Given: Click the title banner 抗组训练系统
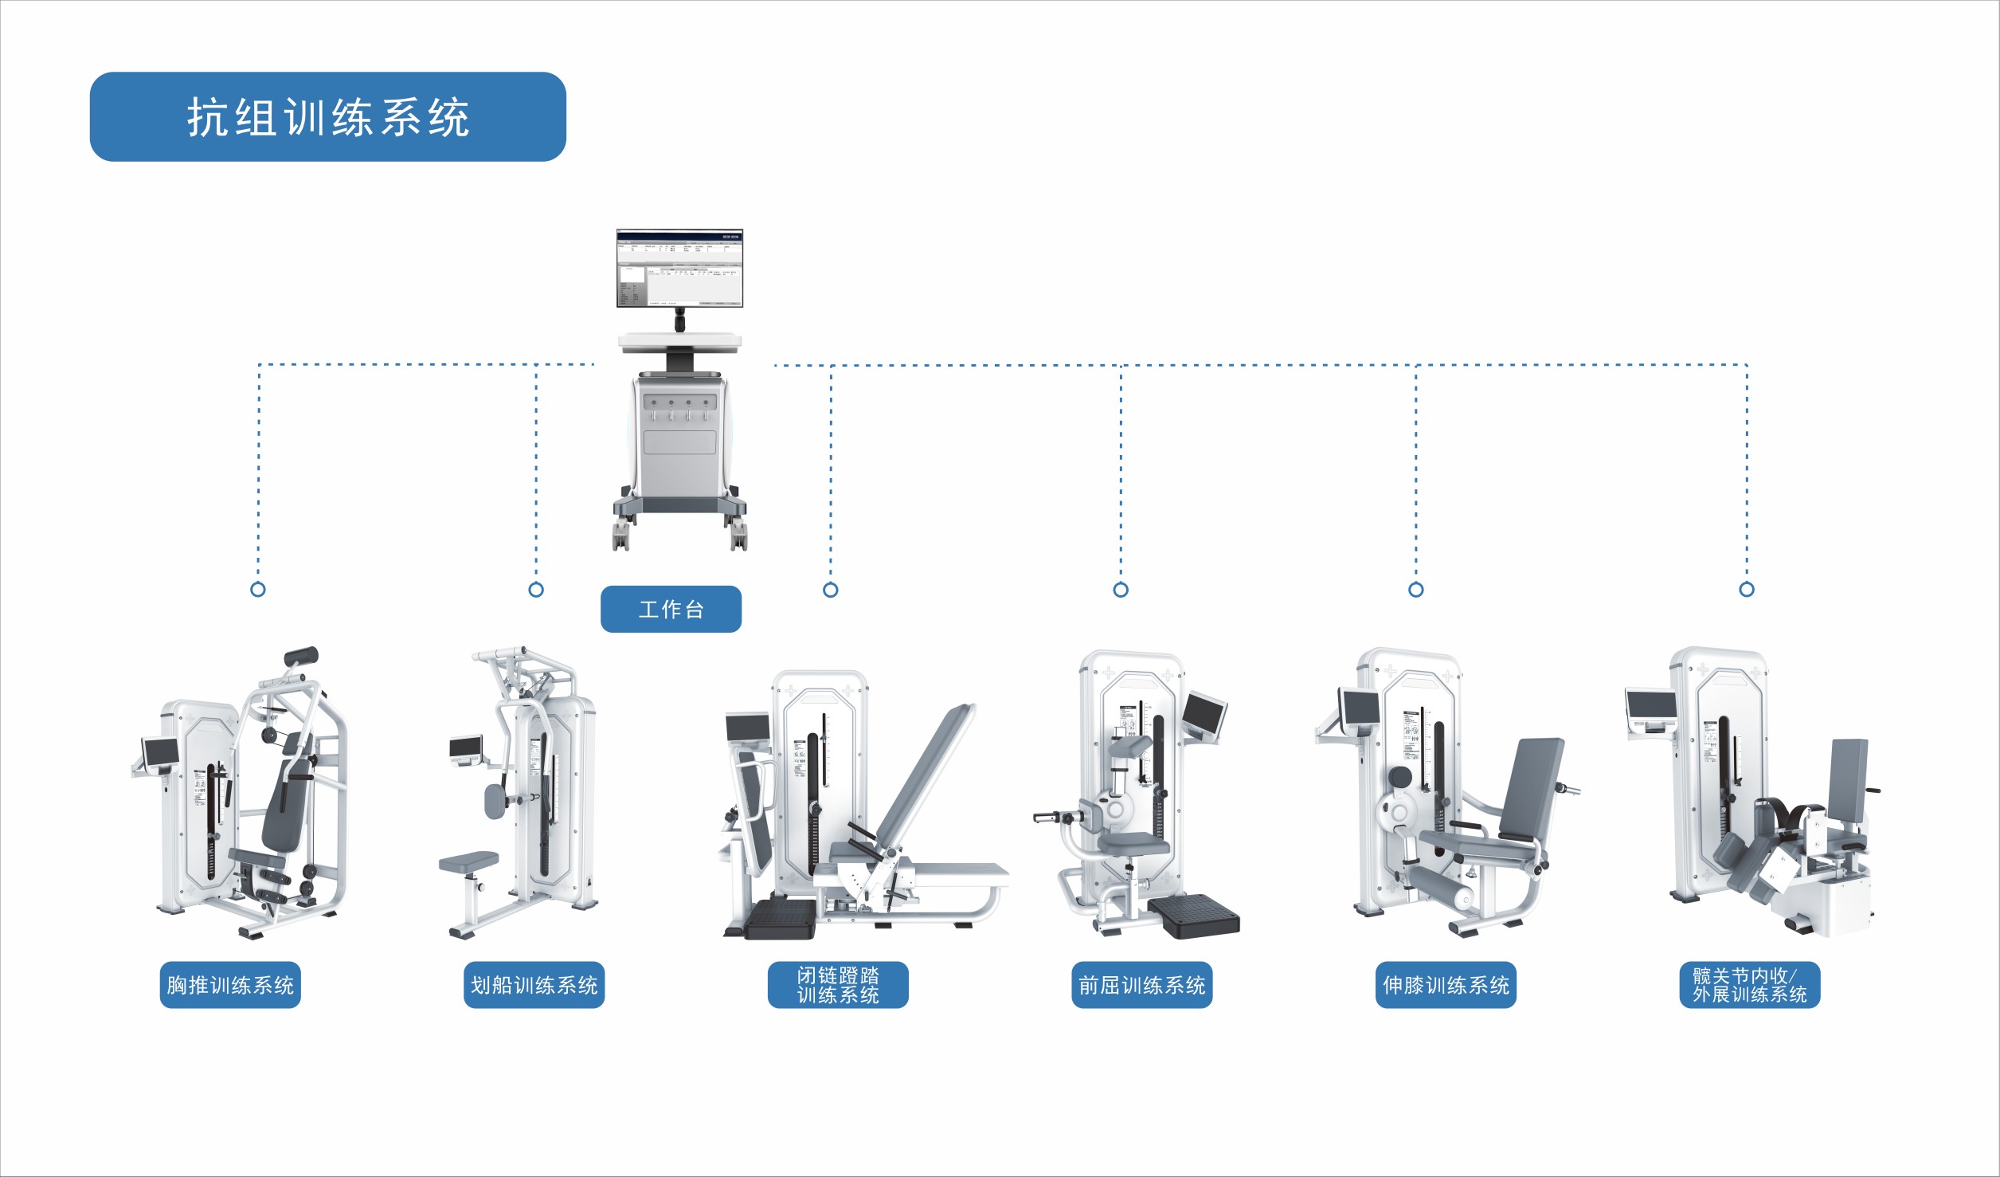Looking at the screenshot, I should click(327, 117).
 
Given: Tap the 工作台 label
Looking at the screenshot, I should click(671, 610).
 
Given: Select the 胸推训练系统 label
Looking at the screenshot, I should click(230, 986).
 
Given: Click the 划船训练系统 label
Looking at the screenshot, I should click(534, 986).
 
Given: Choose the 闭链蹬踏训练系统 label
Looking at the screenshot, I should click(838, 986).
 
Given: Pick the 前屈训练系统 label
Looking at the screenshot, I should click(1141, 986).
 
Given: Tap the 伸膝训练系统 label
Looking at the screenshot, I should click(1446, 986).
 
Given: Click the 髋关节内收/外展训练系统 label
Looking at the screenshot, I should click(1750, 986).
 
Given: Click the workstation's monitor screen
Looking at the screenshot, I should click(679, 269).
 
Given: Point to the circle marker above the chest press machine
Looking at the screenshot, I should click(258, 590).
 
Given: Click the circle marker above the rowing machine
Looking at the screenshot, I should click(536, 590).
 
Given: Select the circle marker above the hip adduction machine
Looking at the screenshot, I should click(1747, 590).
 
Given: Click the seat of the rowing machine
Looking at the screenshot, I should click(468, 861).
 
